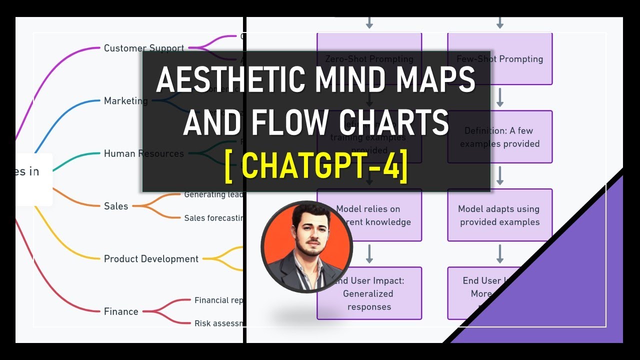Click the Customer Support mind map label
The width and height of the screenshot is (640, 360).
144,48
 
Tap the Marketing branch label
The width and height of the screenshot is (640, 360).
126,101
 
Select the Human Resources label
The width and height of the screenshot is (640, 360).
144,153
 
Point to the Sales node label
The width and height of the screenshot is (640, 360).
116,206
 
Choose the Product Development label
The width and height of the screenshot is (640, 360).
151,259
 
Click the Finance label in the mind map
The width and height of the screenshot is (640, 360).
121,311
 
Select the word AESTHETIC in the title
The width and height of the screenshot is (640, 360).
230,80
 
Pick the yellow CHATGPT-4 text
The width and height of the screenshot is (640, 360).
316,167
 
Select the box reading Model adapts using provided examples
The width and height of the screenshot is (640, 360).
500,215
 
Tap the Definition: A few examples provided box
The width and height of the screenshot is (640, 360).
500,137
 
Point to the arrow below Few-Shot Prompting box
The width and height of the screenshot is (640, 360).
499,97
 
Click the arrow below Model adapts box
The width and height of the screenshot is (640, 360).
499,254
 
